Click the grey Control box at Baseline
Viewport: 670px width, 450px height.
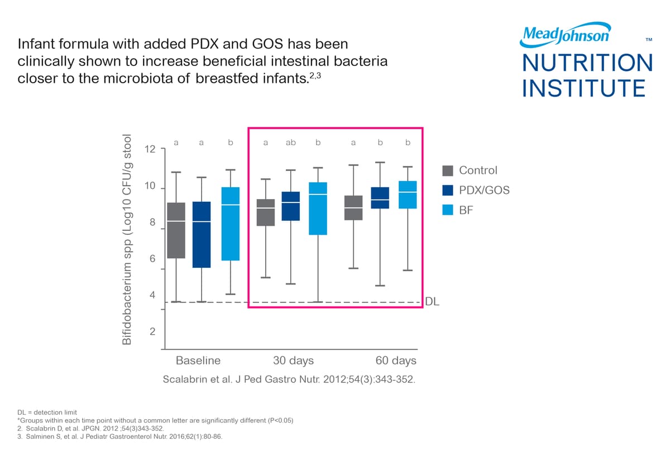click(x=176, y=230)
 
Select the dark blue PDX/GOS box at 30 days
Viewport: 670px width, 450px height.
click(x=291, y=206)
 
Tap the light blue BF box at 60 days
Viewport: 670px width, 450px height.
click(x=408, y=195)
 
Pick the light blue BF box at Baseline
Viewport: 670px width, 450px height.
click(x=230, y=224)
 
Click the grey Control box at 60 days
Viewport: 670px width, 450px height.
click(x=353, y=207)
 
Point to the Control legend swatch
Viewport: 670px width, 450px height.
click(x=447, y=170)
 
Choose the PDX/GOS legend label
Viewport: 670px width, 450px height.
click(x=484, y=191)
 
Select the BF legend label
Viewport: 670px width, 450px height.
click(x=466, y=211)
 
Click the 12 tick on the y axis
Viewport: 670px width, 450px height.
click(x=149, y=149)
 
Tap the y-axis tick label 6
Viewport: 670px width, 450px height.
click(x=152, y=259)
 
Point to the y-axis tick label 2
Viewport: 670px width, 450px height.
click(x=152, y=332)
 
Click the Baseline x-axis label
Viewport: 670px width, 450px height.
click(x=198, y=360)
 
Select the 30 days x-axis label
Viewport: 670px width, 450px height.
click(x=293, y=360)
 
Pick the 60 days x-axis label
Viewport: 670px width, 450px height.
click(x=396, y=360)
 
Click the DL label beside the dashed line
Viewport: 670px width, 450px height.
click(x=433, y=302)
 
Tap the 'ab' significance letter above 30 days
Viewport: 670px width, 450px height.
click(x=290, y=143)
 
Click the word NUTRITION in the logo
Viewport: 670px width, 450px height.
click(x=587, y=63)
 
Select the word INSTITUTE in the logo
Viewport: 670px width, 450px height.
click(x=584, y=88)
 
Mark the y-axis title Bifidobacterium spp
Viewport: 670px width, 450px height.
click(x=128, y=239)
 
